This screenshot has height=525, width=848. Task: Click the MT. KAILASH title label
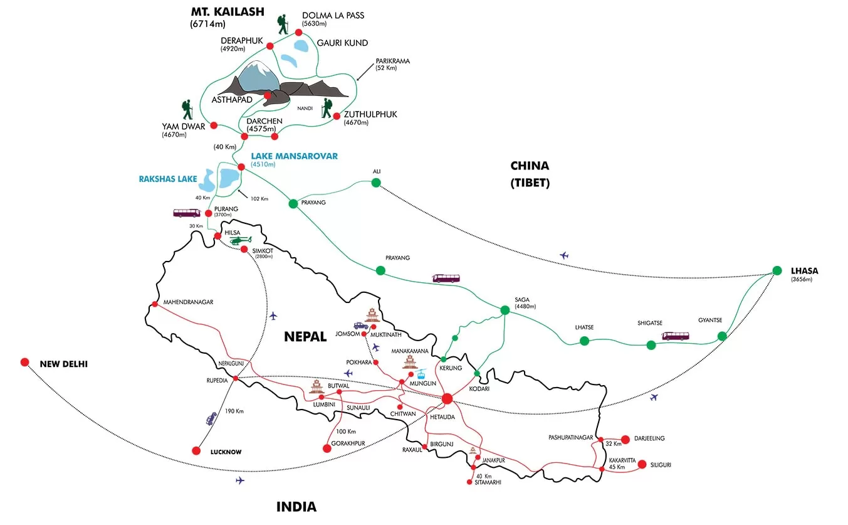coord(228,11)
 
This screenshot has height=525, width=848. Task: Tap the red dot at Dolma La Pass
coord(299,33)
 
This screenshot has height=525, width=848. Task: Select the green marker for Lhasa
coord(777,270)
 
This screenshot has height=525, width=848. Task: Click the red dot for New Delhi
coord(24,362)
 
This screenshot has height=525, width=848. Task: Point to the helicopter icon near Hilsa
coord(239,239)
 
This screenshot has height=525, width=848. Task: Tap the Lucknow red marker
coord(196,450)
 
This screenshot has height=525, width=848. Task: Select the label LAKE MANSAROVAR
coord(294,156)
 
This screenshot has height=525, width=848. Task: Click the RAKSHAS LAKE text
coord(168,179)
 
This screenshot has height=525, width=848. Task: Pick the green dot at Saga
coord(505,310)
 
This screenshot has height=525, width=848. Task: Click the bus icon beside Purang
coord(187,213)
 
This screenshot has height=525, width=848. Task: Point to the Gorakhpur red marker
coord(326,448)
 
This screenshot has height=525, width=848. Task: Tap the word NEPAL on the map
coord(305,336)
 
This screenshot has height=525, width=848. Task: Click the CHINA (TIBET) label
coord(530,174)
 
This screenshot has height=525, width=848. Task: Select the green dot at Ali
coord(376,183)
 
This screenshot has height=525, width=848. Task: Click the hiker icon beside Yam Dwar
coord(187,110)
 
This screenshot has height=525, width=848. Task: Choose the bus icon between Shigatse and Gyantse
coord(676,336)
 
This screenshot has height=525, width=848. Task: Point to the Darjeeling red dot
coord(625,439)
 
